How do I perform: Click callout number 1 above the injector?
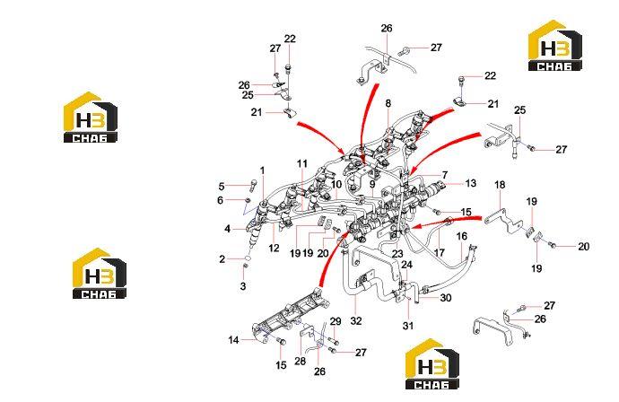click(262, 171)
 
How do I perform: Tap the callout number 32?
click(355, 320)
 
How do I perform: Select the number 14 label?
click(234, 339)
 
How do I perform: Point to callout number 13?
click(471, 183)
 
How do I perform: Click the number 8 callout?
click(388, 103)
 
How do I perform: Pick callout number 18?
click(500, 185)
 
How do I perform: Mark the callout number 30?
click(446, 298)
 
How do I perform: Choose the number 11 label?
click(302, 163)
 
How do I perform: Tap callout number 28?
click(300, 361)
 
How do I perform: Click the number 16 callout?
click(461, 237)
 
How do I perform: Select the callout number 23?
click(397, 254)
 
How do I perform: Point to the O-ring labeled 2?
click(248, 258)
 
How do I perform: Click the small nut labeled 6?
click(248, 201)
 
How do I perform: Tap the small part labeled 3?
click(244, 268)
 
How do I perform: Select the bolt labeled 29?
click(335, 341)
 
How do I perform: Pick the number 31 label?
click(408, 326)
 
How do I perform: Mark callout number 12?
click(274, 249)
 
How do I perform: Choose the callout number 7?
click(445, 175)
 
